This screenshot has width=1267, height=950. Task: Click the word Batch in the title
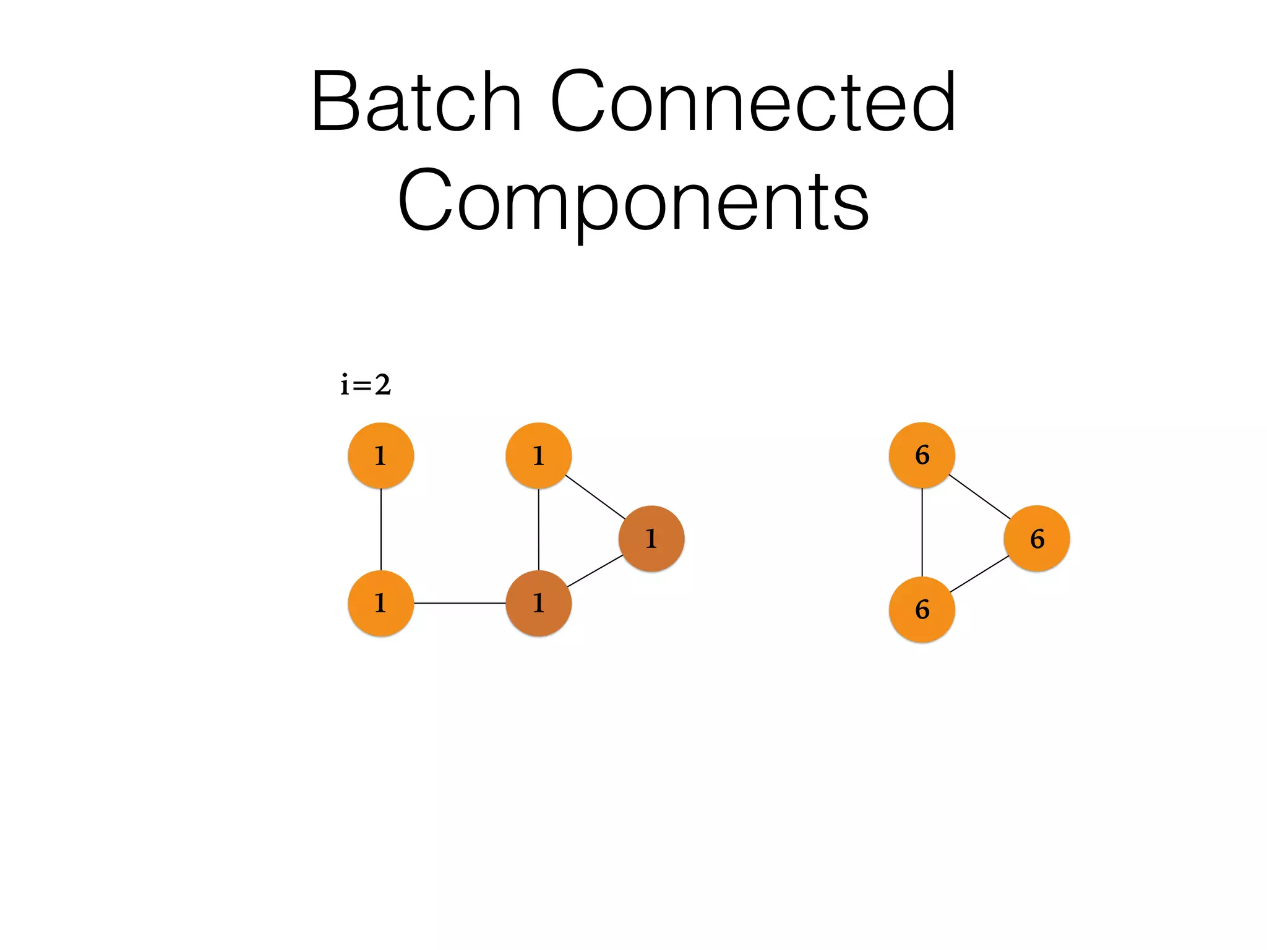416,102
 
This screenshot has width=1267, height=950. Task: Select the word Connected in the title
753,102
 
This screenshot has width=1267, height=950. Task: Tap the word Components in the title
633,201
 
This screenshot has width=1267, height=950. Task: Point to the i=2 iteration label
366,385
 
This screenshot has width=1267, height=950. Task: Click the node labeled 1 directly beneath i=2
381,456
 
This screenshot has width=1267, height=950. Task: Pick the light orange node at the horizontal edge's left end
381,603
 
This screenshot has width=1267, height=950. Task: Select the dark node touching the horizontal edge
539,603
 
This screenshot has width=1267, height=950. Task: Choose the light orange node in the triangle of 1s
539,456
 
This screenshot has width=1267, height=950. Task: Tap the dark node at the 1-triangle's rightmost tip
651,539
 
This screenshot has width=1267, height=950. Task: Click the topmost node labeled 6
922,455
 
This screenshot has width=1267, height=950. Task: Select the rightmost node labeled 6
1037,539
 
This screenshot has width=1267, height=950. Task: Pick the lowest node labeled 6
922,610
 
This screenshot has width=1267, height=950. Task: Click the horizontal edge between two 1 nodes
460,603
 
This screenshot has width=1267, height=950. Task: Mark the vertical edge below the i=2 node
381,529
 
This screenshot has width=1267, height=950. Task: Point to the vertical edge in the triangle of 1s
539,529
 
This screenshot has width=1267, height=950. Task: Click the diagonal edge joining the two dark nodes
595,570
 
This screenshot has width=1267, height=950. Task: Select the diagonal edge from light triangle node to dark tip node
595,497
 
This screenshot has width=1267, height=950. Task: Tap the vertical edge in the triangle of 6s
922,533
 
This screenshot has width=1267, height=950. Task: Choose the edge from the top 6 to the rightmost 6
979,497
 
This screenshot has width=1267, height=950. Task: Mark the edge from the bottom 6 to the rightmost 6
979,574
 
